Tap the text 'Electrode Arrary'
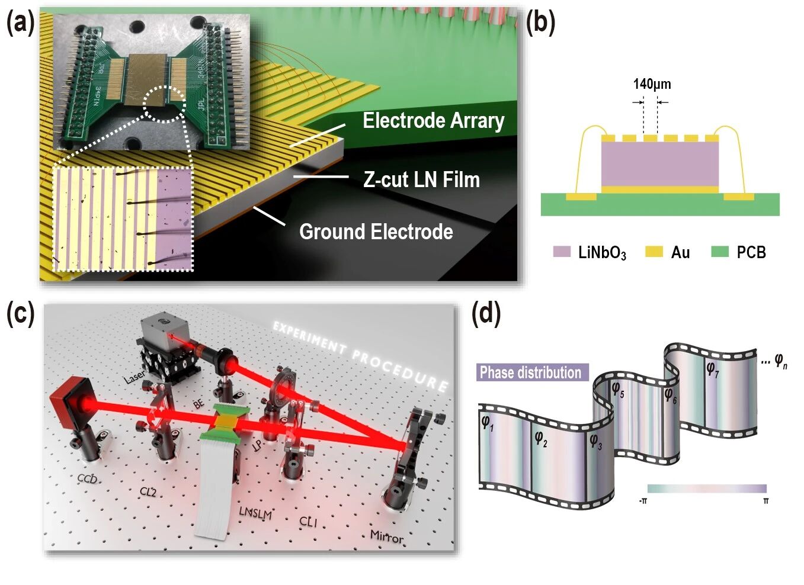point(433,121)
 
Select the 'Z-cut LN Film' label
point(421,179)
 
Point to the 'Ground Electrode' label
point(376,232)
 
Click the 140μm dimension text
point(652,84)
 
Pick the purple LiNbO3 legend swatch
point(561,252)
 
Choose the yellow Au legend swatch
point(654,252)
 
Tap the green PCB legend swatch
point(719,252)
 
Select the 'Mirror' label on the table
point(387,536)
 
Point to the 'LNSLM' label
point(255,512)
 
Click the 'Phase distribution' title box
point(531,372)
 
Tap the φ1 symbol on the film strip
point(487,423)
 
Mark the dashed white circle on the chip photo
point(165,104)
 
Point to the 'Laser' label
point(134,377)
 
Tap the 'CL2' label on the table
point(148,491)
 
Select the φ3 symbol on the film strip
point(595,441)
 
